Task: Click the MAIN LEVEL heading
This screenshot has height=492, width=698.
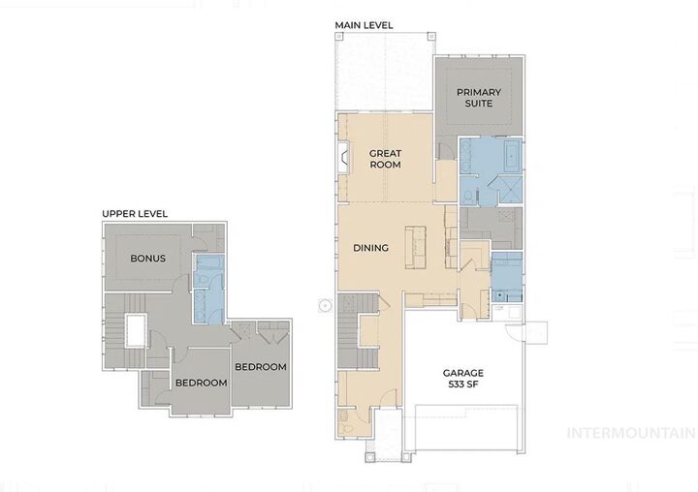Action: point(365,24)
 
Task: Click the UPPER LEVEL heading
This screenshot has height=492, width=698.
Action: point(135,213)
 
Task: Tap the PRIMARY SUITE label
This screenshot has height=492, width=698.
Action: point(478,97)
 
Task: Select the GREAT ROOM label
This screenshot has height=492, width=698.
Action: point(385,159)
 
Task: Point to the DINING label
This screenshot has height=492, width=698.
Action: point(370,248)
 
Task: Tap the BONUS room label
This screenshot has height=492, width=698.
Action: point(147,259)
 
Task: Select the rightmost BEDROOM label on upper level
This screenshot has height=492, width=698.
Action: point(260,367)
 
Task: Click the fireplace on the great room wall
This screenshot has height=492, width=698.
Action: point(342,156)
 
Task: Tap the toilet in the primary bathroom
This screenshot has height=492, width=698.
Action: point(468,196)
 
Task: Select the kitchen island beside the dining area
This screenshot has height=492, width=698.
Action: point(416,247)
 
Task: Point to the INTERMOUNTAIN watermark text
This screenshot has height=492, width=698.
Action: point(630,433)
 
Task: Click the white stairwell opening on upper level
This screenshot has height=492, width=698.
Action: point(134,332)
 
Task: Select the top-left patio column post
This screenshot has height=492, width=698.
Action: point(339,35)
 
